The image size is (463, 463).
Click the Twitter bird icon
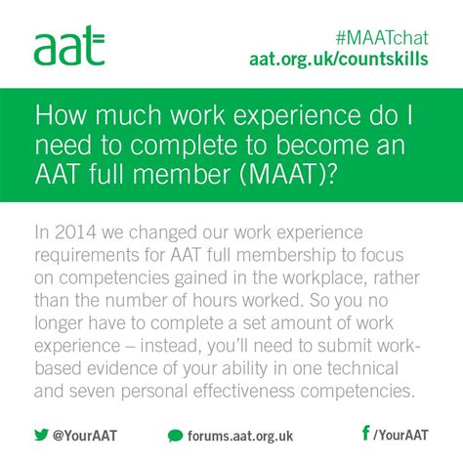[41, 434]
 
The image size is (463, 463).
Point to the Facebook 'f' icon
[365, 433]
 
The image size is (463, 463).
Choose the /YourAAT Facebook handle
[401, 434]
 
